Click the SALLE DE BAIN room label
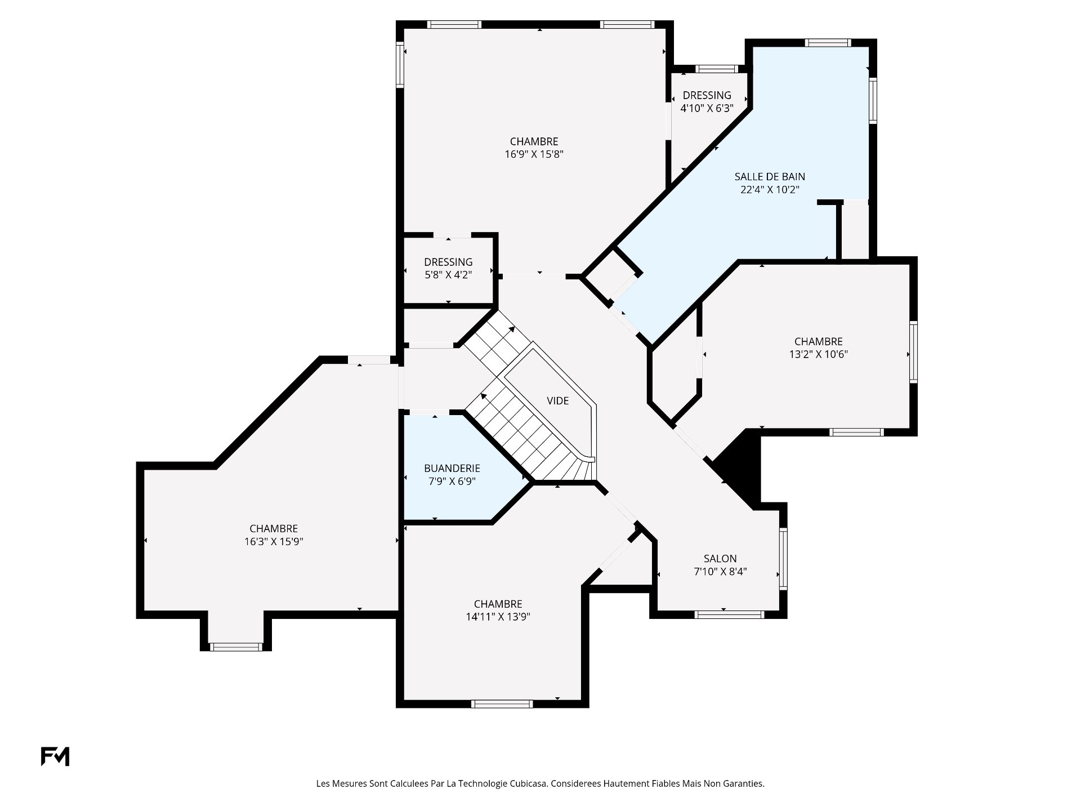(x=770, y=177)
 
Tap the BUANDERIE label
(x=452, y=468)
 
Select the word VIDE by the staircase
(x=558, y=400)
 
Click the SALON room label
(x=720, y=559)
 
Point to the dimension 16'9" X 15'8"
(x=534, y=154)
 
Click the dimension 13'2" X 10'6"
(x=819, y=354)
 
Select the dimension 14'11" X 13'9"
(x=498, y=617)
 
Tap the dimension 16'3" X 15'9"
(x=274, y=542)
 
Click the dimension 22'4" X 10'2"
(x=770, y=190)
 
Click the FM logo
(x=55, y=756)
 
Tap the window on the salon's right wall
(x=783, y=558)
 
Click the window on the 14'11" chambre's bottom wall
(x=502, y=703)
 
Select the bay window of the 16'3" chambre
(x=236, y=647)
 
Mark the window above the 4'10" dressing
(x=717, y=69)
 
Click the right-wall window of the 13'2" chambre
(x=913, y=352)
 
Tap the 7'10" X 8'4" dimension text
(x=720, y=572)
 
